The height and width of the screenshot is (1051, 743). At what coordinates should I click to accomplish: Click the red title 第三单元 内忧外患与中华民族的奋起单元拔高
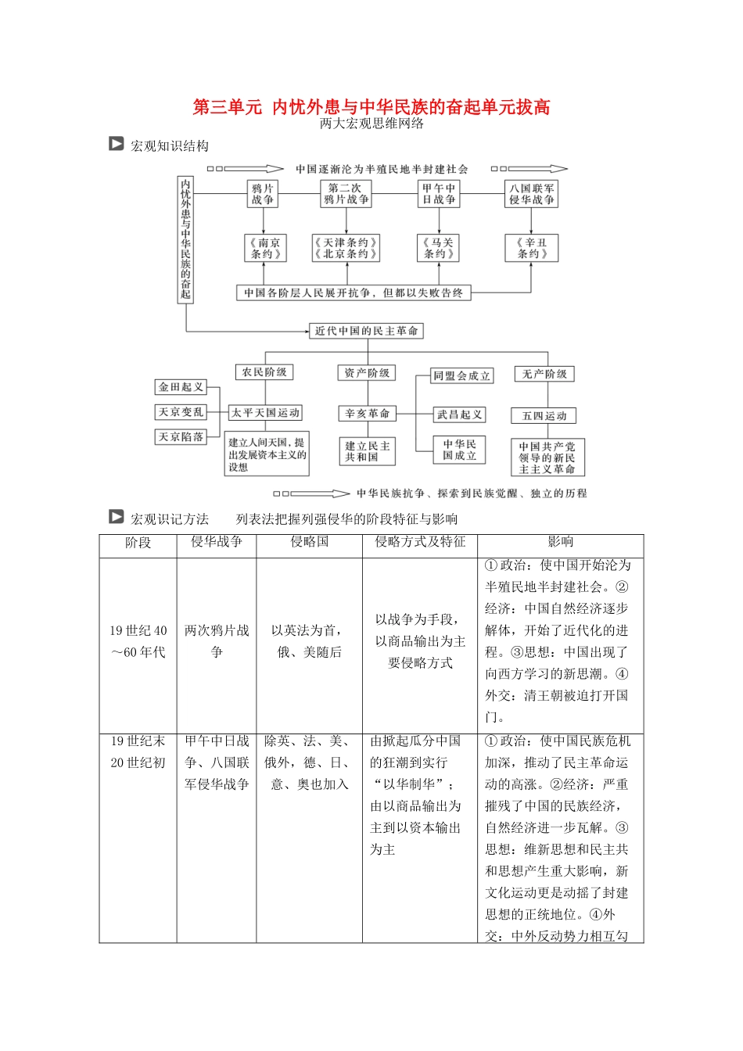(371, 107)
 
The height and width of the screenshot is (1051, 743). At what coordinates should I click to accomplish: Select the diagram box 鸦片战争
(263, 194)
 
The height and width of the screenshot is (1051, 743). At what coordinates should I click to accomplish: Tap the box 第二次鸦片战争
(346, 194)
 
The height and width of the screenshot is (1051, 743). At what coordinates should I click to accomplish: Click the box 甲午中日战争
(439, 194)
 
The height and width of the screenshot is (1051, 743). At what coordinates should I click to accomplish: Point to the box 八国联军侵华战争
(532, 194)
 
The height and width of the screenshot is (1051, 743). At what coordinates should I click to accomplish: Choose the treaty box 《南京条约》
(264, 248)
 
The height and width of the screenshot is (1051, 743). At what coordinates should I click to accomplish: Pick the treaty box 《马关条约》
(439, 248)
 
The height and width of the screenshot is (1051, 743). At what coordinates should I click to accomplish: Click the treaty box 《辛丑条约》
(532, 248)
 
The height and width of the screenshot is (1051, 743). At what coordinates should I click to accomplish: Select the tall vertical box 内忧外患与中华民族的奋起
(185, 239)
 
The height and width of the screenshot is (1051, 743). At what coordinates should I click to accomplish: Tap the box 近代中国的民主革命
(366, 331)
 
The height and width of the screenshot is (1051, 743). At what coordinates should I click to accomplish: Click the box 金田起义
(181, 387)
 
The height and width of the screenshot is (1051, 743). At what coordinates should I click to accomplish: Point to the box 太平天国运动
(265, 413)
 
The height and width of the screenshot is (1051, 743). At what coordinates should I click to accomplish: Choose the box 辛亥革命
(368, 414)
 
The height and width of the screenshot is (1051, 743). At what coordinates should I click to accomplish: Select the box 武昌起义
(460, 414)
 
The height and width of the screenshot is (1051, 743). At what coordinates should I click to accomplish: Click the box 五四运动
(544, 416)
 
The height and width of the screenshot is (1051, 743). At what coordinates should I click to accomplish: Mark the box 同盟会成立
(461, 376)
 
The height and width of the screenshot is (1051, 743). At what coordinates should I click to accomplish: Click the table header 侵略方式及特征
(420, 542)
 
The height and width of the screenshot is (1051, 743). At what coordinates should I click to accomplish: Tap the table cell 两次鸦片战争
(217, 641)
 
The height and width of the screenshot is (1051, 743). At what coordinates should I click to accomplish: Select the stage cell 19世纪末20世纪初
(138, 751)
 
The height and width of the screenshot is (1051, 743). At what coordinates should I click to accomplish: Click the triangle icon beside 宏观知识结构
(117, 144)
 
